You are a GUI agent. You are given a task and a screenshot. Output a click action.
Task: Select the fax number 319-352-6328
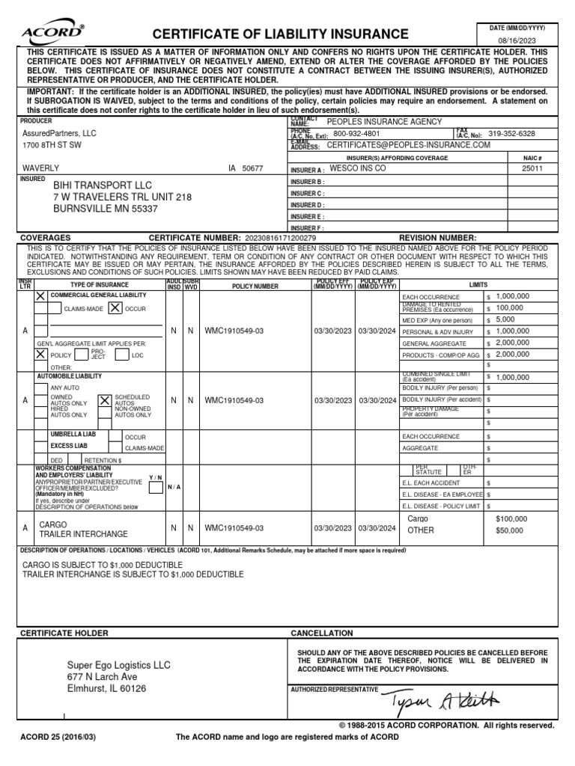[x=511, y=133]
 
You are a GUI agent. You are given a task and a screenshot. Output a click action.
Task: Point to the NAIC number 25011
[x=532, y=169]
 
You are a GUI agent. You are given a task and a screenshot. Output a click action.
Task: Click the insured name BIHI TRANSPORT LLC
[x=102, y=185]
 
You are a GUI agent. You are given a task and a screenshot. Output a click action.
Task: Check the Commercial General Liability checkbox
[x=40, y=296]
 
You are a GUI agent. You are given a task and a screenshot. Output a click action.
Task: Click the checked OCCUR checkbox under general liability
[x=115, y=307]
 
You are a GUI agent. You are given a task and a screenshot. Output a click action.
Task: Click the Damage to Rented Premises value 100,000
[x=509, y=307]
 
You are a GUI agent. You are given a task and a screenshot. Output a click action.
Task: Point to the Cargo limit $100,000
[x=511, y=518]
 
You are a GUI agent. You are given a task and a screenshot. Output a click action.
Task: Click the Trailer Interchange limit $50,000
[x=509, y=530]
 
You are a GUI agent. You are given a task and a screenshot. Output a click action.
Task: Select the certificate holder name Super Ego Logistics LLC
[x=119, y=664]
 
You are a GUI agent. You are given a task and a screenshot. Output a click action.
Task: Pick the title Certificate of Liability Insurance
[x=281, y=34]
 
